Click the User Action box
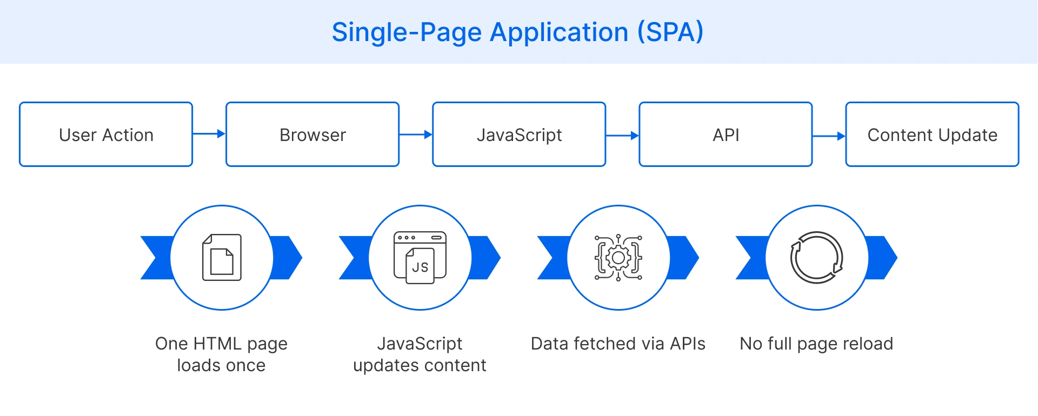click(x=106, y=135)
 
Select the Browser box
click(x=312, y=135)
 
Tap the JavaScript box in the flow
click(x=519, y=135)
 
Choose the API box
click(x=726, y=135)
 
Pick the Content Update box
click(x=932, y=135)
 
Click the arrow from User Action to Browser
click(x=209, y=134)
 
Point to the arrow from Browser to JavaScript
click(x=415, y=135)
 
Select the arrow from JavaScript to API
click(x=622, y=136)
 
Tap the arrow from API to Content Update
click(x=828, y=136)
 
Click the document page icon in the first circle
click(x=222, y=258)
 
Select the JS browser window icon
click(x=420, y=257)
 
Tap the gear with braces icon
click(x=618, y=258)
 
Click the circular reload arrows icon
click(x=817, y=258)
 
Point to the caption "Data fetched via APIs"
click(x=618, y=344)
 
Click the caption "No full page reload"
click(x=816, y=344)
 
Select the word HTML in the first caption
click(x=217, y=344)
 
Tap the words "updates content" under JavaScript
click(x=420, y=366)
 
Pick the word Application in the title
click(x=559, y=32)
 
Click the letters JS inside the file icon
click(x=420, y=267)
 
